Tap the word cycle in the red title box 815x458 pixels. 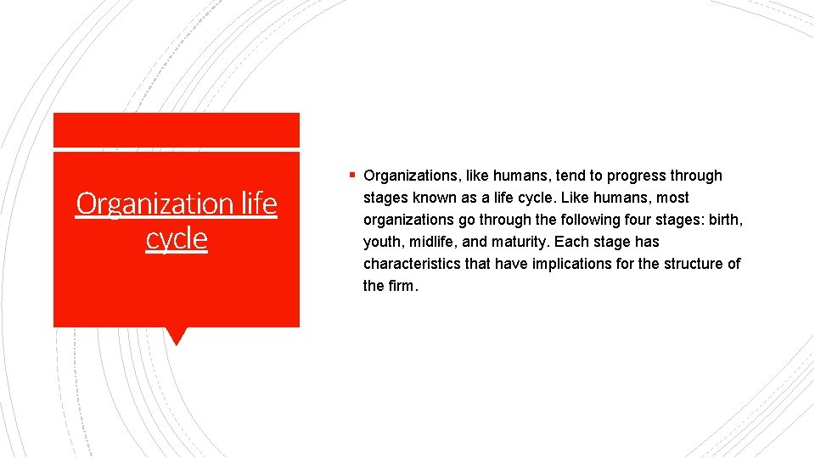pos(177,238)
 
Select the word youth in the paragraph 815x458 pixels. pos(383,242)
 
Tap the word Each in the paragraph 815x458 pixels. pos(570,242)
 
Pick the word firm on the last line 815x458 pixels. pos(402,286)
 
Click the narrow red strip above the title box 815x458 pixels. pos(177,130)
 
